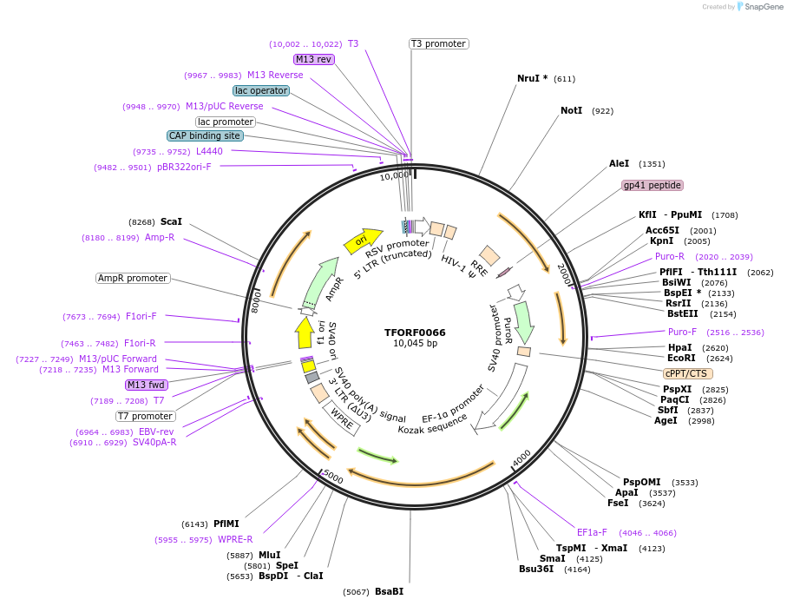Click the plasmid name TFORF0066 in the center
(x=415, y=333)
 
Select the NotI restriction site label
(x=571, y=111)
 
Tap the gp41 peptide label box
(x=652, y=185)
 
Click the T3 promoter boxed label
(x=438, y=43)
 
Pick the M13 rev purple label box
(x=313, y=59)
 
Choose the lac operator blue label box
(x=260, y=90)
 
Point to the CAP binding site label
(x=205, y=135)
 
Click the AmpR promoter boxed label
(x=133, y=278)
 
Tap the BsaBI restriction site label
(x=389, y=591)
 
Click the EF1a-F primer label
(x=592, y=532)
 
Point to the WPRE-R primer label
(x=235, y=539)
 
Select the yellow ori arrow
(x=364, y=240)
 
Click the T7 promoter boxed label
(x=145, y=416)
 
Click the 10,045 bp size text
(x=415, y=344)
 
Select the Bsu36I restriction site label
(x=535, y=569)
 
